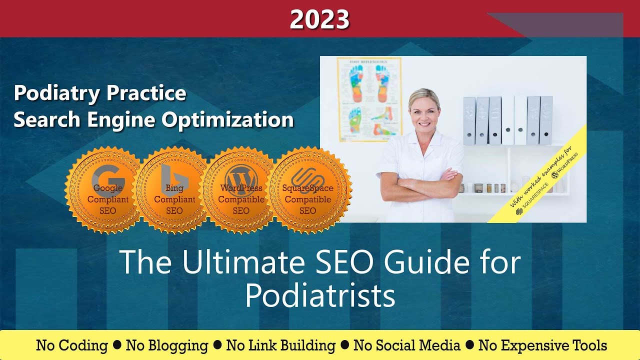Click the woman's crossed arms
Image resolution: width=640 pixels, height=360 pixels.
tap(420, 182)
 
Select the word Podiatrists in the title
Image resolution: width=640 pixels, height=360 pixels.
tap(320, 295)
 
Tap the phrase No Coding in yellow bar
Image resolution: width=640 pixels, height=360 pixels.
tap(72, 345)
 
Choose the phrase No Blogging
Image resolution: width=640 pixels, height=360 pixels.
tap(167, 345)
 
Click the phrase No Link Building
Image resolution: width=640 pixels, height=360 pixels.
tap(281, 345)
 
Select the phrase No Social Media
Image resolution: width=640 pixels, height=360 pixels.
tap(406, 345)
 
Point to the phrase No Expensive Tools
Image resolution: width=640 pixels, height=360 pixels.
tap(542, 345)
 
